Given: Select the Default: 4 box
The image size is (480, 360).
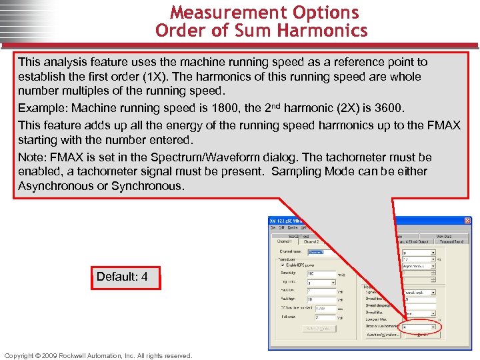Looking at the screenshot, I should [125, 277].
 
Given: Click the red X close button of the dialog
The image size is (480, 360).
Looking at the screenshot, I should [467, 221].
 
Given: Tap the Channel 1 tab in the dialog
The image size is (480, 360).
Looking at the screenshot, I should [285, 241].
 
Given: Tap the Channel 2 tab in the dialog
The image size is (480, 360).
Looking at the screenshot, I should [311, 241].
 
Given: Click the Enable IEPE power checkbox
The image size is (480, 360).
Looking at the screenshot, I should [282, 265].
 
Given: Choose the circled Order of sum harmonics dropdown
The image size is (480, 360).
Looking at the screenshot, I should [417, 327].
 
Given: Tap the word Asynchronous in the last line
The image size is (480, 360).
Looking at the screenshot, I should [52, 186].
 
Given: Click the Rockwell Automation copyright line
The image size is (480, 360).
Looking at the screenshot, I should [98, 355].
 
